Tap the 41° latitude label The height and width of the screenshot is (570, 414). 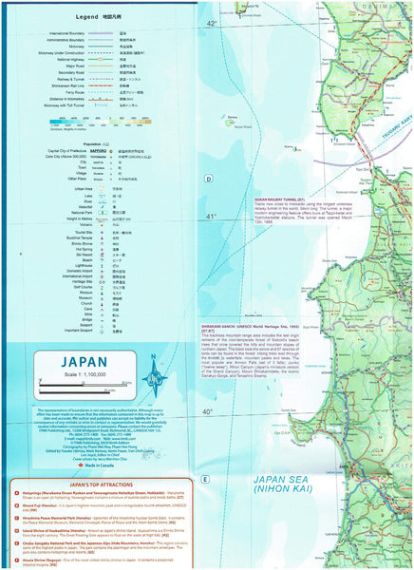tap(211, 216)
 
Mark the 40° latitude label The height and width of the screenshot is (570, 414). tap(207, 410)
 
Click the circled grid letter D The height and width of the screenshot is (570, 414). tap(206, 178)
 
